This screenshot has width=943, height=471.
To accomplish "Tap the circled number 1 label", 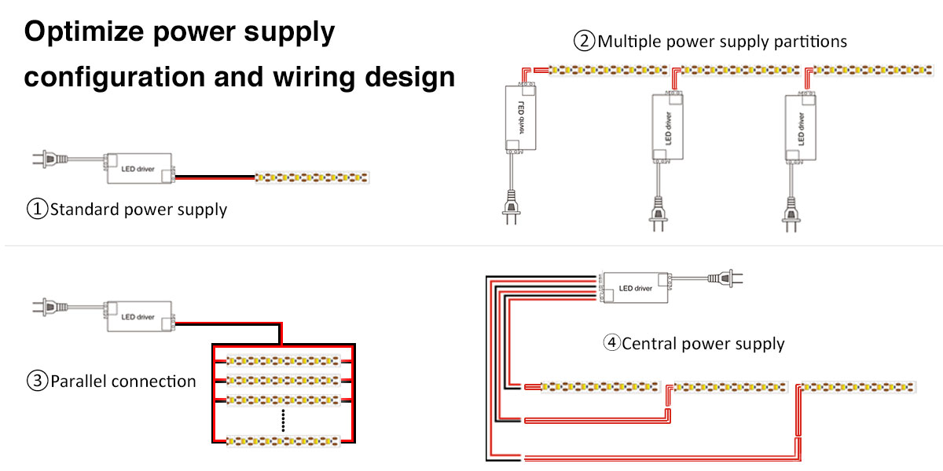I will coord(37,210).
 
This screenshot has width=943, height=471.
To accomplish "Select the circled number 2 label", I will coord(584,41).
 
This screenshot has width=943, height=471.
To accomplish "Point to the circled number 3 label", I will coord(37,382).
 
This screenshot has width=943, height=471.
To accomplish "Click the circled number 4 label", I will coord(611,343).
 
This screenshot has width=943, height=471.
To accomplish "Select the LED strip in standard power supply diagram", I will coord(311,178).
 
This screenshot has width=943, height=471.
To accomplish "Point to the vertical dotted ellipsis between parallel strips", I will coord(283,421).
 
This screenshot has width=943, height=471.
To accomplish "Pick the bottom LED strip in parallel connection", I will coord(283,441).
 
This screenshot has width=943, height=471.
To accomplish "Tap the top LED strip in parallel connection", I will coord(283,361).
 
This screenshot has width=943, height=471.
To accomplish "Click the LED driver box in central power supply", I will coord(635,287).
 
